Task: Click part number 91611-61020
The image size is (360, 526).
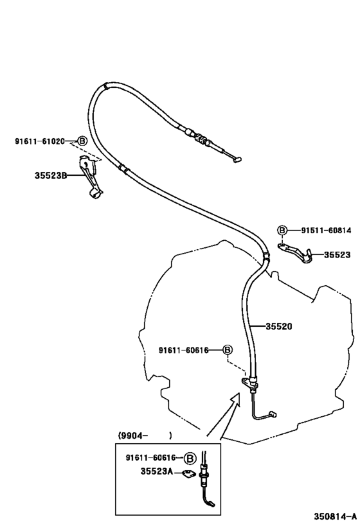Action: tap(40, 141)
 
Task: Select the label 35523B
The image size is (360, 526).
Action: tap(51, 175)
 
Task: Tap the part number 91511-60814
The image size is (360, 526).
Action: tap(326, 230)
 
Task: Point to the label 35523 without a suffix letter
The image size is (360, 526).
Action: tap(337, 254)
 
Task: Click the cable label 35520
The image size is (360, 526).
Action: tap(279, 326)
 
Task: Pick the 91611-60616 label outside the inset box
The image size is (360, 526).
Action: tap(183, 350)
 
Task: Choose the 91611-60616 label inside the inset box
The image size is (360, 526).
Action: tap(151, 457)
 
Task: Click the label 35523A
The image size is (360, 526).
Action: tap(156, 471)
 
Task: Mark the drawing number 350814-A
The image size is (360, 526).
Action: tap(335, 516)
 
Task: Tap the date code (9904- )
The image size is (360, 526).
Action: tap(145, 435)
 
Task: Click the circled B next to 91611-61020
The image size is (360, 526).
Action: tap(82, 141)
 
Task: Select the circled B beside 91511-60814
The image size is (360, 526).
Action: tap(282, 230)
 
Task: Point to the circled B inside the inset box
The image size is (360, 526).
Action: tap(190, 458)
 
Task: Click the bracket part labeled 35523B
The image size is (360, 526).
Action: tap(89, 176)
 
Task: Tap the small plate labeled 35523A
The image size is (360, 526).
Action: tap(188, 474)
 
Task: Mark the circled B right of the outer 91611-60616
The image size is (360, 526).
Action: tap(228, 350)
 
